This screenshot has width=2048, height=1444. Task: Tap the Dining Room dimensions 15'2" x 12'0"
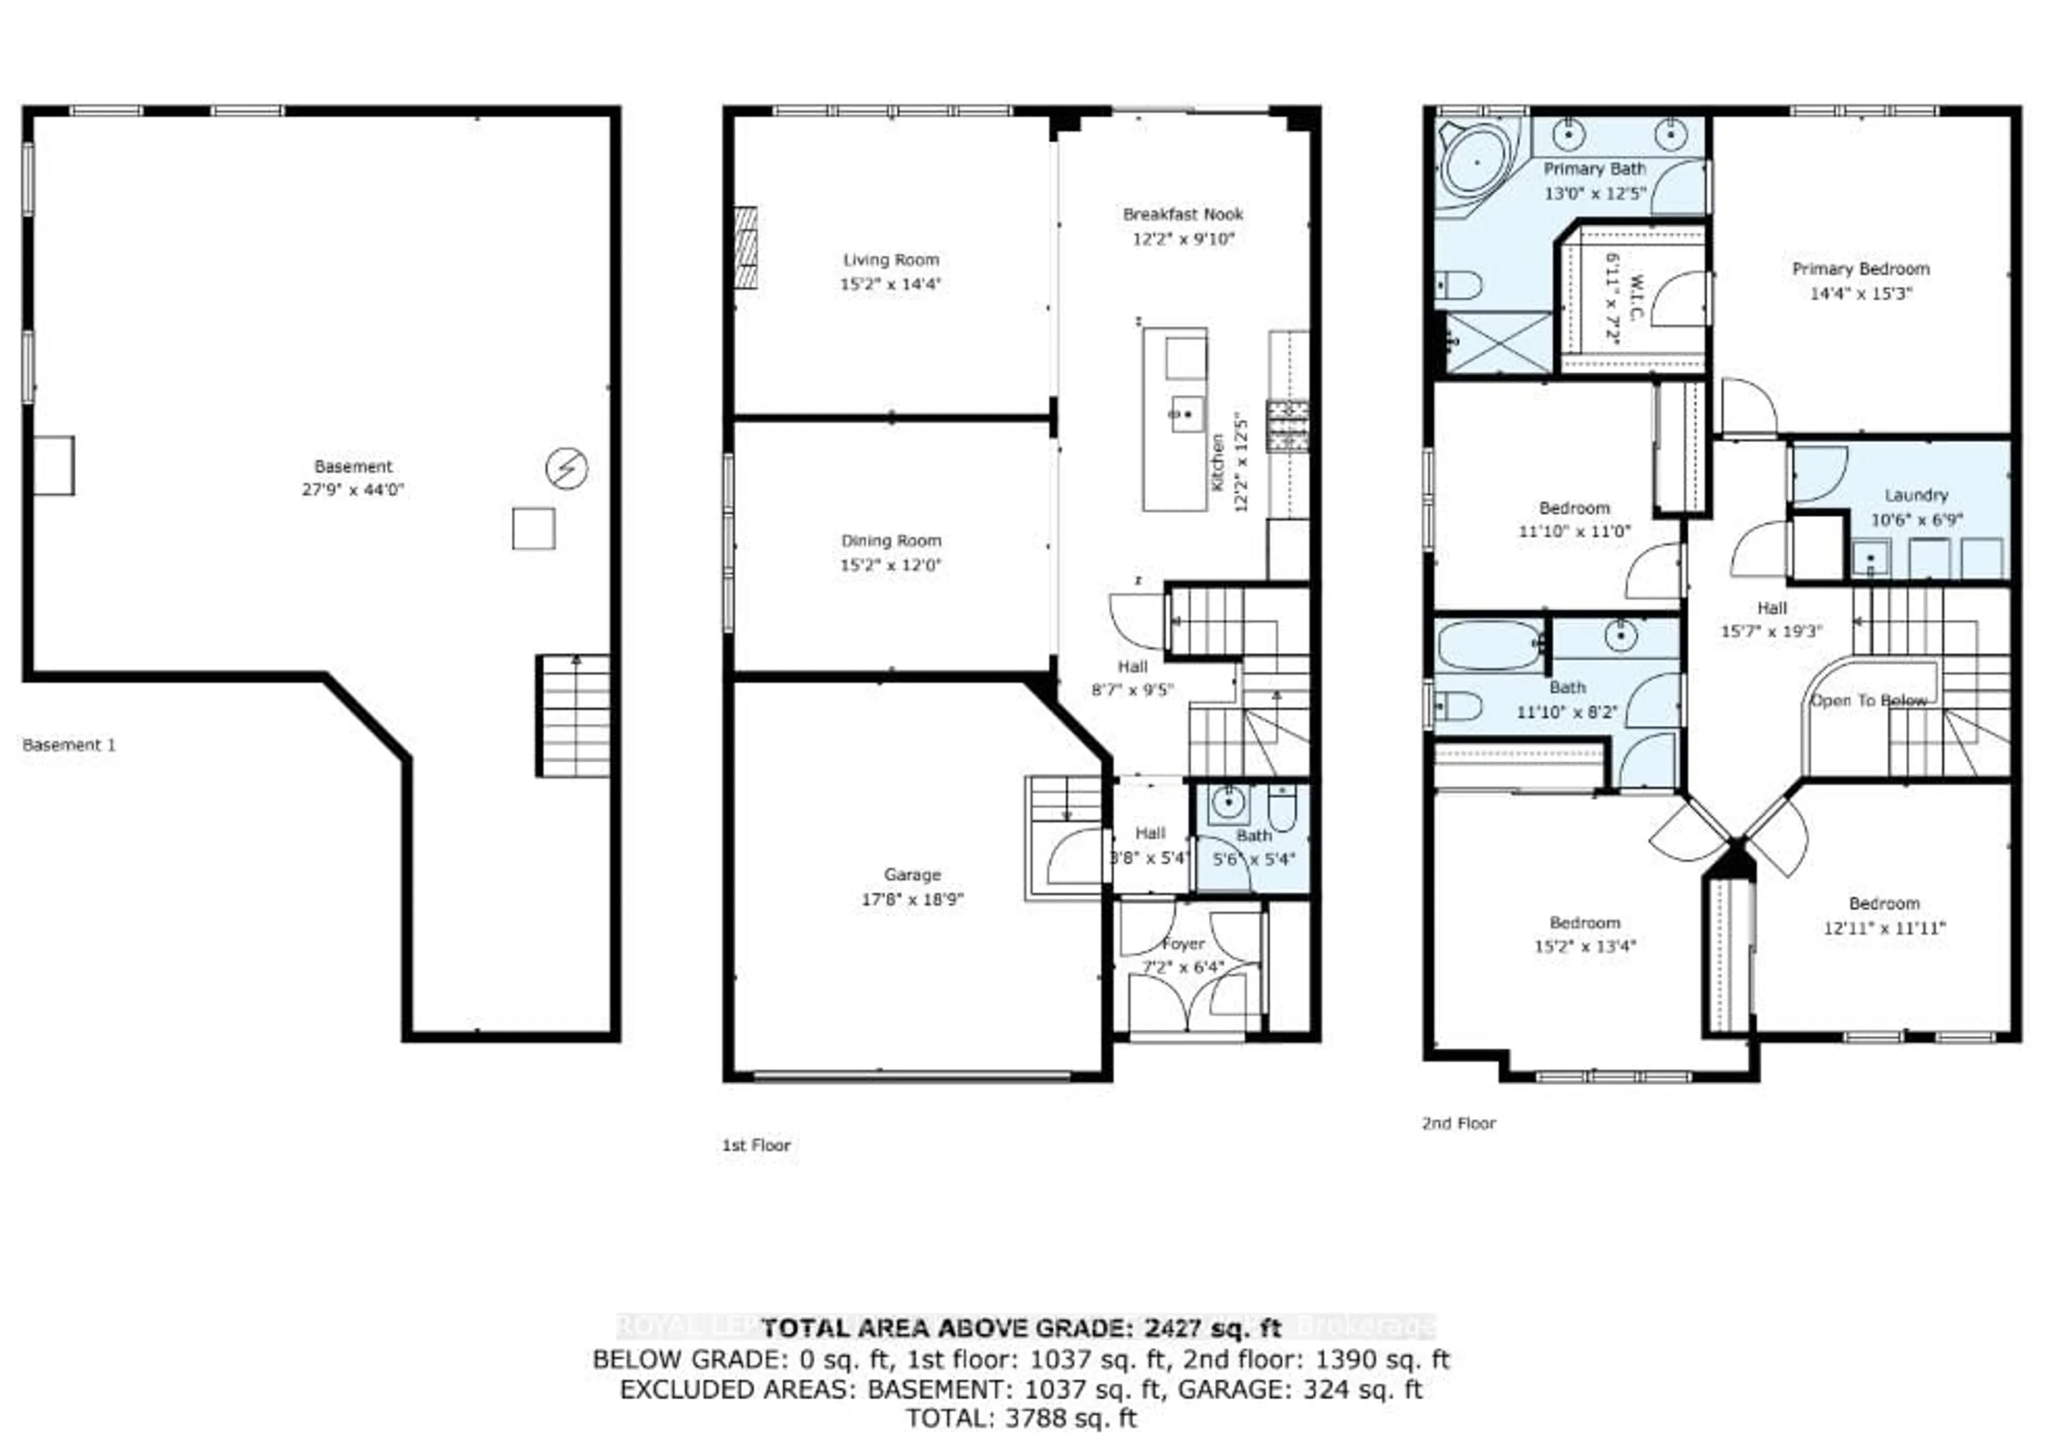click(x=890, y=565)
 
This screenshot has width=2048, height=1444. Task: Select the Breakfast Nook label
click(x=1183, y=214)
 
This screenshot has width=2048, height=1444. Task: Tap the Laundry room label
click(x=1916, y=495)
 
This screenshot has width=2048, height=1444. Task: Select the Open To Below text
click(x=1868, y=701)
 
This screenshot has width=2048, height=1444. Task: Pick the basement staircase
click(x=575, y=716)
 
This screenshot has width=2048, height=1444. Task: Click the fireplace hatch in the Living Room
click(x=746, y=248)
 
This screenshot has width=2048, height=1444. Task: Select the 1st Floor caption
click(x=756, y=1145)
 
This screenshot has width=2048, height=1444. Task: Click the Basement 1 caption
click(x=69, y=745)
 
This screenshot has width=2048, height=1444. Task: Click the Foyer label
click(x=1183, y=944)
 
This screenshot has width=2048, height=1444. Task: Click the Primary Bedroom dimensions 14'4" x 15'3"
click(x=1861, y=293)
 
